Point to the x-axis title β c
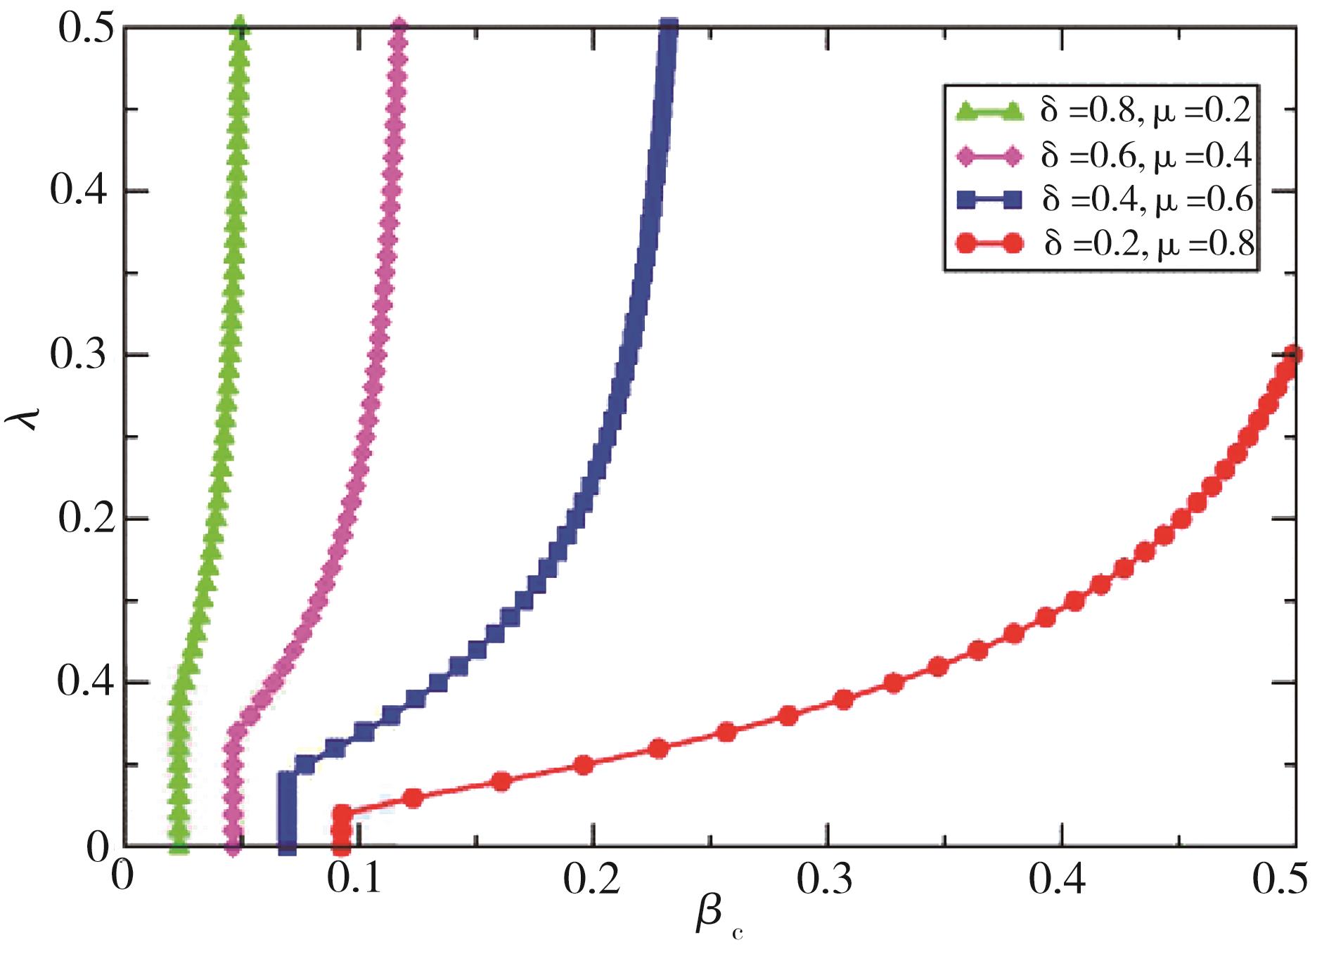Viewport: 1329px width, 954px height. click(x=717, y=921)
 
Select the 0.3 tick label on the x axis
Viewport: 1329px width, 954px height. click(x=828, y=879)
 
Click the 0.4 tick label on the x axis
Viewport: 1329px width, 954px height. click(x=1060, y=879)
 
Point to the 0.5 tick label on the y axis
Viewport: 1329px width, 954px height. click(x=84, y=28)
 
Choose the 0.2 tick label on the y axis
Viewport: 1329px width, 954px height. click(x=84, y=520)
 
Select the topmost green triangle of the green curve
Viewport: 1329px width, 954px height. click(x=240, y=28)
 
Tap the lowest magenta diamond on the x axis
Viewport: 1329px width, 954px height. click(x=234, y=846)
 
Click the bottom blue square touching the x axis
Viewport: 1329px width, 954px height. click(x=287, y=844)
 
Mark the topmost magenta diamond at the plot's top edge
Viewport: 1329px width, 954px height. click(x=399, y=28)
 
